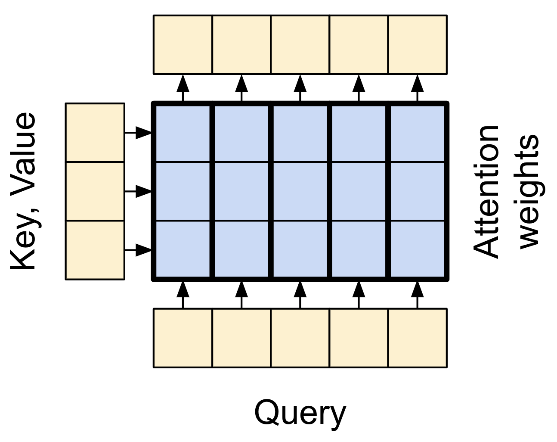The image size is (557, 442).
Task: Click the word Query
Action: pyautogui.click(x=300, y=413)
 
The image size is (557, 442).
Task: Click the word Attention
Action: pyautogui.click(x=486, y=192)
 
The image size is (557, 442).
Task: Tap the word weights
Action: pyautogui.click(x=529, y=192)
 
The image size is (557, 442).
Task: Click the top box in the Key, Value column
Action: pyautogui.click(x=95, y=133)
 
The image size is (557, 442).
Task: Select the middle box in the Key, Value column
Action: pyautogui.click(x=95, y=191)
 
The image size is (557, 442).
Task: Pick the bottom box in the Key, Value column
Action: pyautogui.click(x=95, y=250)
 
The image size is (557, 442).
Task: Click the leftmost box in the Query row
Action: pyautogui.click(x=183, y=338)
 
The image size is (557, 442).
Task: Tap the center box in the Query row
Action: pyautogui.click(x=300, y=338)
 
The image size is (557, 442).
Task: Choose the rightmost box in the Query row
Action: pyautogui.click(x=418, y=338)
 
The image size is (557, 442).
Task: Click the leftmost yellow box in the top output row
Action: pyautogui.click(x=183, y=45)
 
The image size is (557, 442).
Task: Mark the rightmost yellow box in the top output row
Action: pyautogui.click(x=418, y=45)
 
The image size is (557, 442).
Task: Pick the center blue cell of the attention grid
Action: pyautogui.click(x=300, y=191)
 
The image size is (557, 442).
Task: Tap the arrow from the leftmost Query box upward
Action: pyautogui.click(x=183, y=295)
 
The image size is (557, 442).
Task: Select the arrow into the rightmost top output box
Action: pyautogui.click(x=418, y=88)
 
